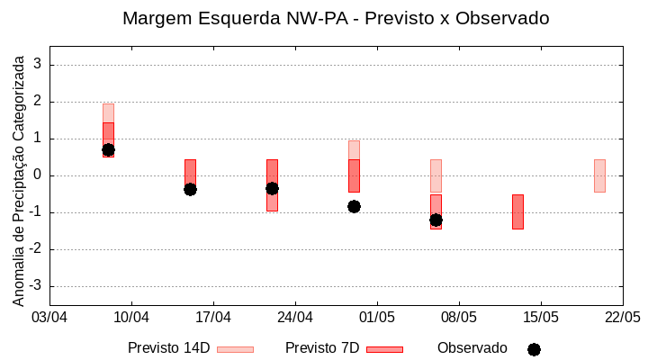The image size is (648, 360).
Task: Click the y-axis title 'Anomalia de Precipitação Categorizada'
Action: pos(19,179)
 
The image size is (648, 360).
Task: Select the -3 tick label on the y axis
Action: pos(35,286)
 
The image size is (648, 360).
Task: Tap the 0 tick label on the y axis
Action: pos(38,175)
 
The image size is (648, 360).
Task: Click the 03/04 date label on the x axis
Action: pos(49,318)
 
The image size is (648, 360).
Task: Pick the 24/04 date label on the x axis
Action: pos(295,318)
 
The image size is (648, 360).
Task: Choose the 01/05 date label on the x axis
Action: pos(377,318)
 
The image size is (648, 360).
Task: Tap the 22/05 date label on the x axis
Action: pos(622,318)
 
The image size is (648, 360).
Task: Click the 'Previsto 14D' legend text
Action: pos(168,348)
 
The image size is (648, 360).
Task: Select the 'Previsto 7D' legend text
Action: pos(322,348)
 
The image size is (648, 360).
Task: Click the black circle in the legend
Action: pos(534,349)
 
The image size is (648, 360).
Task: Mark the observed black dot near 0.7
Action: pos(108,149)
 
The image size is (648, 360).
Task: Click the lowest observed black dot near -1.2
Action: pos(436,220)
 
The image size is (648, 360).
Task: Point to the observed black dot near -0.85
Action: pos(354,206)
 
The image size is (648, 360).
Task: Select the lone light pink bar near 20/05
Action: pos(599,175)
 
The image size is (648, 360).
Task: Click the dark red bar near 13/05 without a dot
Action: pos(517,211)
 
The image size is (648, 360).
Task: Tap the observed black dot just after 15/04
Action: pos(190,189)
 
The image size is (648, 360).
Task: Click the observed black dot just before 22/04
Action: pos(272,188)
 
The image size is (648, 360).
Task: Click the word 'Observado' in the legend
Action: pos(472,348)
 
